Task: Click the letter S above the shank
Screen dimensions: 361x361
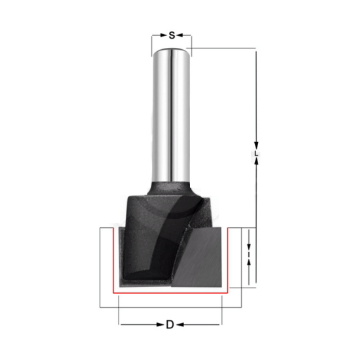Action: point(172,34)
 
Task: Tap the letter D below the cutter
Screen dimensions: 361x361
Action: point(170,324)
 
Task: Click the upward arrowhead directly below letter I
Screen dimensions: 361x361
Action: point(249,261)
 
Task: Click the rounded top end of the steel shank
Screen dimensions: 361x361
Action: point(172,51)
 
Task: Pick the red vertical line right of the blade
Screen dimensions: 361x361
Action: point(227,259)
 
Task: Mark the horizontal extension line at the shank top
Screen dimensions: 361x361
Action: point(223,47)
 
